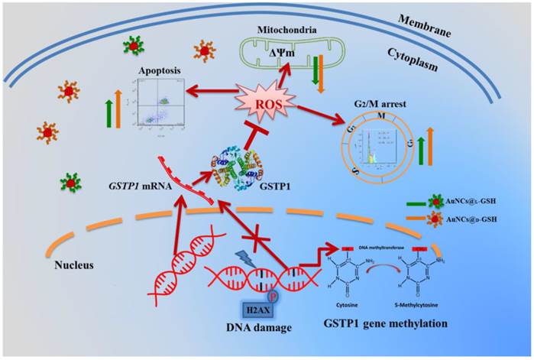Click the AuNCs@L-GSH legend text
point(478,203)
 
